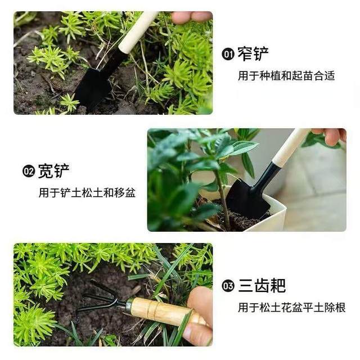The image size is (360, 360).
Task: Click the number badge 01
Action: [228, 55]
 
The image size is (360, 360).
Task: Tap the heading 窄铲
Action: [253, 55]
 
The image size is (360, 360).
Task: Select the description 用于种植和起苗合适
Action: [286, 75]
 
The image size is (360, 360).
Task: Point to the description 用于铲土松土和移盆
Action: [87, 192]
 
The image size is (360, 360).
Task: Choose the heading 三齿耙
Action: [262, 286]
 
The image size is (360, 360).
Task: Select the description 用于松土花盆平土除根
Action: [291, 308]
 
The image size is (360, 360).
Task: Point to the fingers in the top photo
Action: [191, 17]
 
